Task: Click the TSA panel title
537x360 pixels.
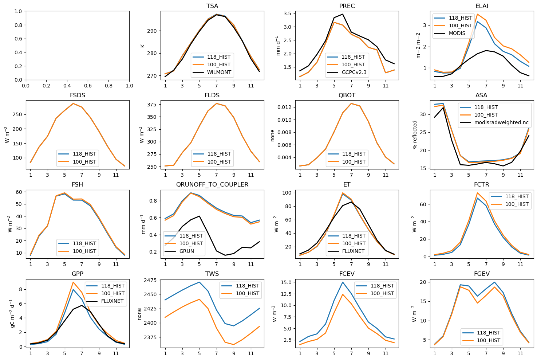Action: tap(212, 6)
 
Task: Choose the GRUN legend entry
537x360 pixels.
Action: tap(187, 251)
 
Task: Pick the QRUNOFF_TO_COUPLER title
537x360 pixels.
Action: tap(212, 185)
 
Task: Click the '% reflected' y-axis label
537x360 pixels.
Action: tap(415, 135)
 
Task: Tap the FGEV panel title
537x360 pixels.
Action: tap(482, 274)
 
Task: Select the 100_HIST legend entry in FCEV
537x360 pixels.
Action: tap(382, 293)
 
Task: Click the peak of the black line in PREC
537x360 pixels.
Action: tap(342, 14)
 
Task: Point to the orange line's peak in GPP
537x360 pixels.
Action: tap(73, 282)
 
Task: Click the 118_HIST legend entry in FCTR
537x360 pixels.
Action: tap(517, 196)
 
